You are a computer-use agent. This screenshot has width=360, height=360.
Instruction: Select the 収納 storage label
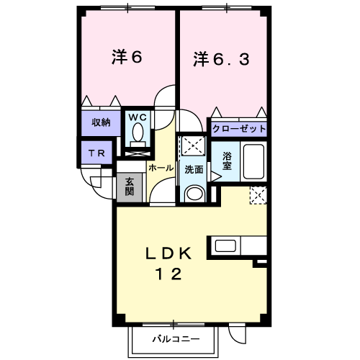100,122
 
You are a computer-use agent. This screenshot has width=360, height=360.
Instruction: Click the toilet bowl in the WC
138,133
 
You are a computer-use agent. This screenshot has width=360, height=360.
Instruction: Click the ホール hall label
161,167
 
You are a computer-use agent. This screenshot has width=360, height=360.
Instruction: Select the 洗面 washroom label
193,170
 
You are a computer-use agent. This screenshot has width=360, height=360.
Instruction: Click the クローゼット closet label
239,130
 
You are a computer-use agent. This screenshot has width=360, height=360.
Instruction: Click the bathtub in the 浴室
253,161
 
